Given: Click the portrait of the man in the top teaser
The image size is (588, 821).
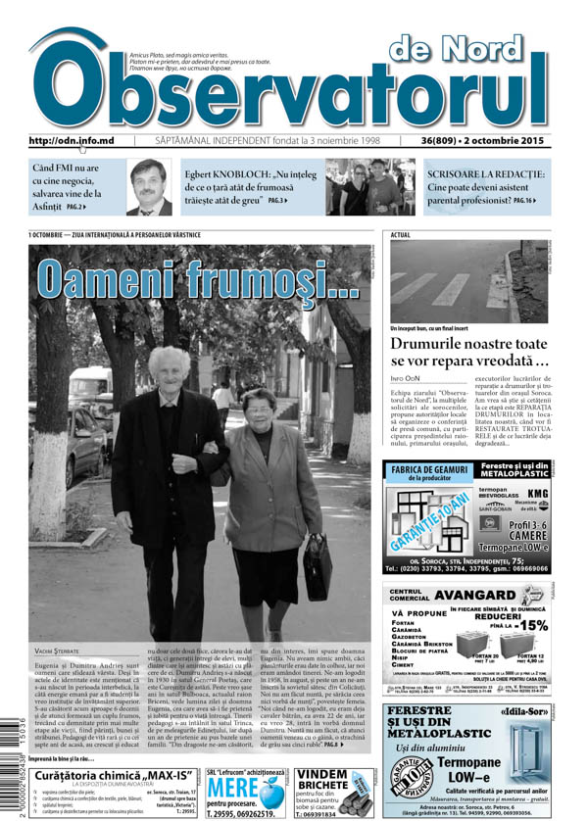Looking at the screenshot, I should tap(148, 186).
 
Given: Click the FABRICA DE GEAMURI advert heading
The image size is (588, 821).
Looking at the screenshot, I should tap(426, 470).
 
